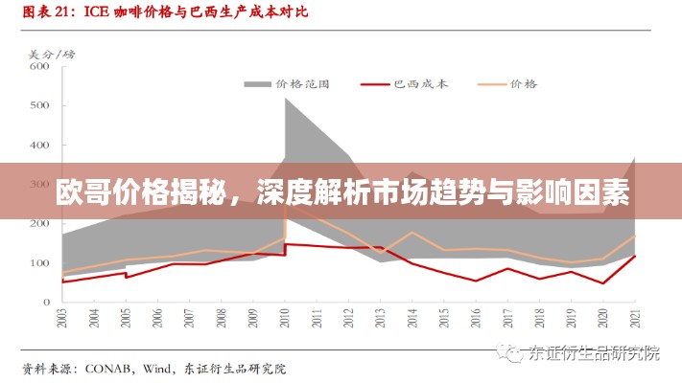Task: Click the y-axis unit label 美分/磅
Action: click(x=45, y=54)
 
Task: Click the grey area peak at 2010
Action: click(x=286, y=100)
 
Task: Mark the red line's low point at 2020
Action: click(x=603, y=282)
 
